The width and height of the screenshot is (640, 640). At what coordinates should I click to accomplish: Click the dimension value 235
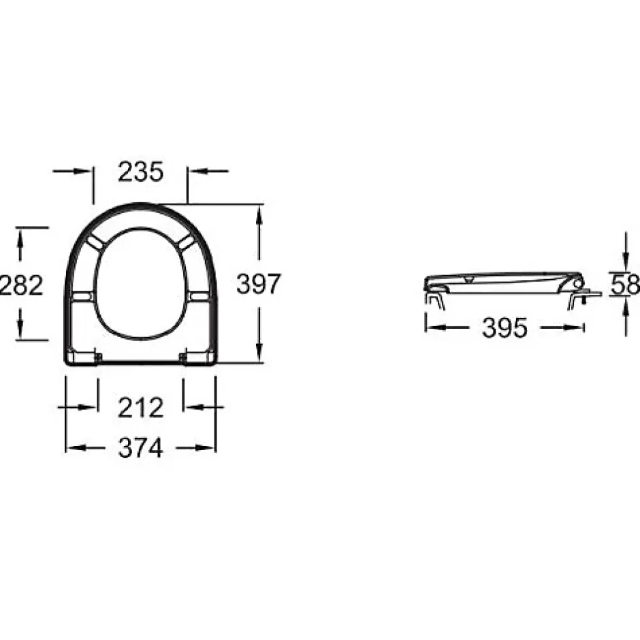pyautogui.click(x=141, y=172)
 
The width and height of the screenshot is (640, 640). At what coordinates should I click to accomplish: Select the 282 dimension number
pyautogui.click(x=21, y=285)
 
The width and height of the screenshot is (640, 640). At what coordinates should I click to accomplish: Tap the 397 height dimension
pyautogui.click(x=259, y=284)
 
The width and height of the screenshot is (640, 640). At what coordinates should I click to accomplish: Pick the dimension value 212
pyautogui.click(x=141, y=408)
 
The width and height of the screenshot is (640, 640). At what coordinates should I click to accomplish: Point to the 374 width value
pyautogui.click(x=141, y=448)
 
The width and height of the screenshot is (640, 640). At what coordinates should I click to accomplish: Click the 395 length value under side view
pyautogui.click(x=505, y=327)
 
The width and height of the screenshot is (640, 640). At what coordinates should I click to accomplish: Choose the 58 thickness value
pyautogui.click(x=625, y=285)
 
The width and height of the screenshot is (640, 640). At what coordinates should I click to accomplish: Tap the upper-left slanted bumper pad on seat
pyautogui.click(x=95, y=242)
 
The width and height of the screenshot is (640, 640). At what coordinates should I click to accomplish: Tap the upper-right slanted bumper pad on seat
pyautogui.click(x=187, y=242)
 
